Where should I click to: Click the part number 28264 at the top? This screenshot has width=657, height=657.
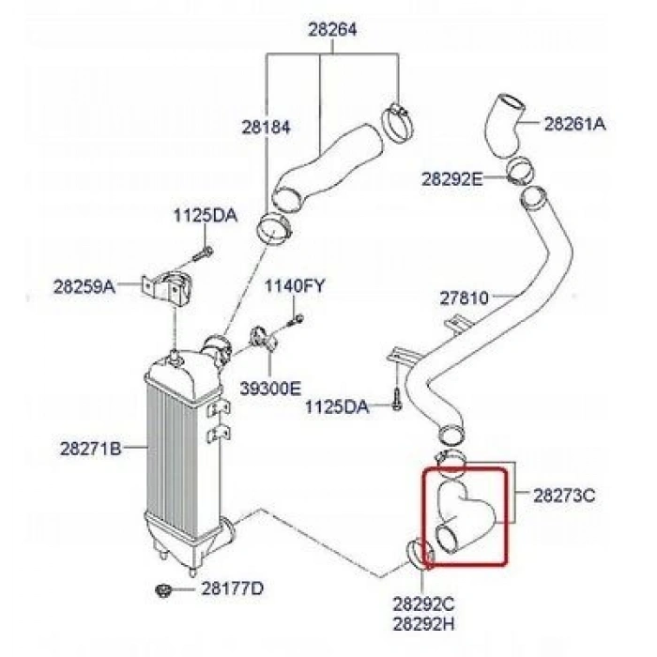332,30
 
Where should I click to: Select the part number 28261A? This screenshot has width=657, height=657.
575,123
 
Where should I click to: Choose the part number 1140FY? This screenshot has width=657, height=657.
294,285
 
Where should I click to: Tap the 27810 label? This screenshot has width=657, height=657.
464,298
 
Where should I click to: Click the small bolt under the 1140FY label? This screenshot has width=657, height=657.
293,320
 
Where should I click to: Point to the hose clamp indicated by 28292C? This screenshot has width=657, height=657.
420,555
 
